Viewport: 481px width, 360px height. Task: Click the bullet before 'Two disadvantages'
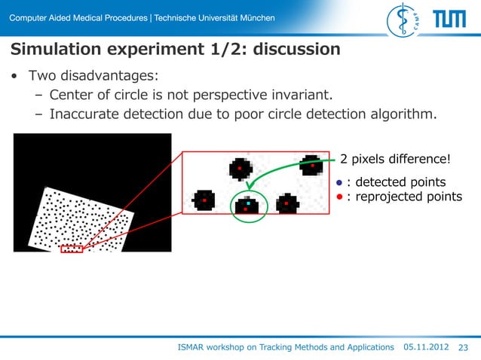15,76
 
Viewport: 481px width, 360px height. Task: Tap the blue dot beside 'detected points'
339,182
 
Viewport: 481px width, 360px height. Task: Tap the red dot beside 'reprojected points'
339,197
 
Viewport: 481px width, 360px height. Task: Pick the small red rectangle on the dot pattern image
72,249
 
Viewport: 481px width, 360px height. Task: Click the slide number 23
464,347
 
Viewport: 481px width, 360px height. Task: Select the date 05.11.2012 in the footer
426,347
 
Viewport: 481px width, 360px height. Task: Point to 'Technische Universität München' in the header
214,18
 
